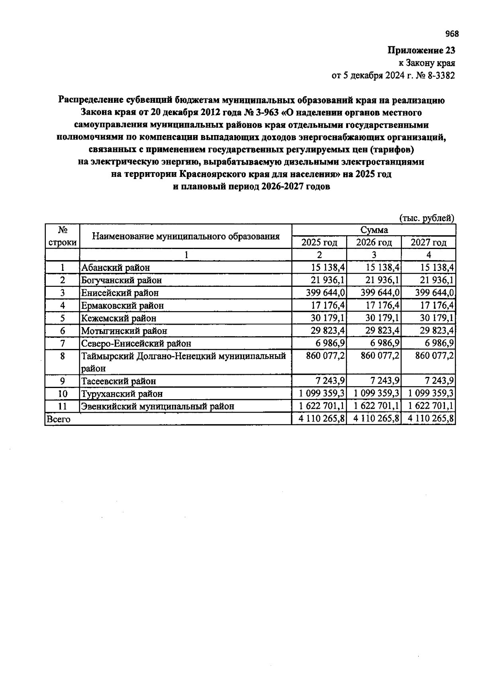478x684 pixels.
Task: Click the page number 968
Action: (x=452, y=34)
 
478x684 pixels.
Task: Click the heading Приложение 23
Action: (x=421, y=51)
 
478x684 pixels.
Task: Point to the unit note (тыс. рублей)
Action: (x=427, y=218)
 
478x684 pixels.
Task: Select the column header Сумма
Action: (x=374, y=230)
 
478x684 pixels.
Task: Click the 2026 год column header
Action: (x=374, y=242)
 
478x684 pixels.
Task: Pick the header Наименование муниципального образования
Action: (x=186, y=236)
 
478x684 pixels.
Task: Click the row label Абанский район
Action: (x=116, y=268)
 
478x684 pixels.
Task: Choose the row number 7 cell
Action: (x=63, y=343)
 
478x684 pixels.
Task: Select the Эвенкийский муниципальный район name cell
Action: (x=158, y=406)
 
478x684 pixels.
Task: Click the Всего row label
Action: (x=59, y=419)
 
